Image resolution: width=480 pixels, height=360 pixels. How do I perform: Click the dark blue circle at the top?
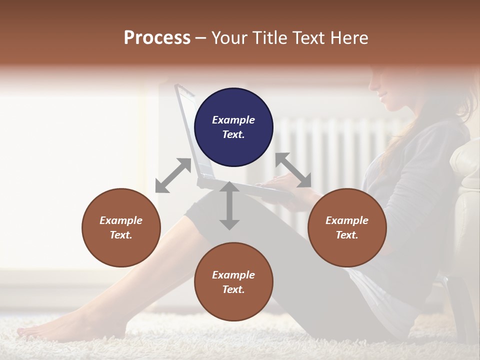coord(233,127)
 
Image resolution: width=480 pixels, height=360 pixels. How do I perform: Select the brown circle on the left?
coord(121,227)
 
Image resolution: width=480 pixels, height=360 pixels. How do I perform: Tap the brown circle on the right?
coord(347,227)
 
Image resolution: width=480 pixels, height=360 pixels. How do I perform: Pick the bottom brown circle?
coord(233,282)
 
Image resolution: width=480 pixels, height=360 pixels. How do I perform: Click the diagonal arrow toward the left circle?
coord(173,175)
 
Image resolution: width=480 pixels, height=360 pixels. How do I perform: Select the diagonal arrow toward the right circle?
coord(293,170)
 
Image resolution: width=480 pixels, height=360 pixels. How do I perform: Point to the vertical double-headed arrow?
coord(229,205)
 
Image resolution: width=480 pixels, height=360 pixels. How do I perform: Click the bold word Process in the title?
coord(157,38)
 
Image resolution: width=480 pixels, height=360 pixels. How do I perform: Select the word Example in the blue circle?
coord(233,120)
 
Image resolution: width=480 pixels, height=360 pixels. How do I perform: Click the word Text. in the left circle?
coord(121,235)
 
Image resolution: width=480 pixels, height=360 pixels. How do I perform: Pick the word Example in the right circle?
coord(347,220)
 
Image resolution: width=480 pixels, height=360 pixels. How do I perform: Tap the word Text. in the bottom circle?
coord(233,289)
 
